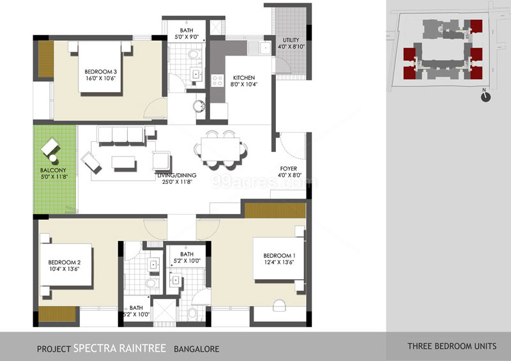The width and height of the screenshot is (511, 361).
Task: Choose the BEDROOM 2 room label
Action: tap(64, 262)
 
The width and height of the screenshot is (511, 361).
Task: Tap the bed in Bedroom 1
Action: tap(278, 259)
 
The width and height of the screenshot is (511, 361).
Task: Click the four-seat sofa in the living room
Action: tap(121, 135)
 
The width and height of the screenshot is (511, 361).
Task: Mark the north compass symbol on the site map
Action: tap(486, 96)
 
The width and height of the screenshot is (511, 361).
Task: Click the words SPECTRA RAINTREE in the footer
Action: tap(120, 348)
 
